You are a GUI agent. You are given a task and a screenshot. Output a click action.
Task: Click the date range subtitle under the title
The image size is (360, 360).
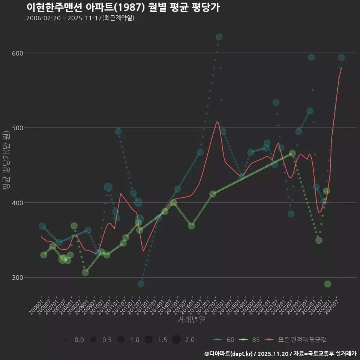click(x=80, y=18)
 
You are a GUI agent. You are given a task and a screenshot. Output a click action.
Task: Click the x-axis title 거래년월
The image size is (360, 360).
click(x=191, y=320)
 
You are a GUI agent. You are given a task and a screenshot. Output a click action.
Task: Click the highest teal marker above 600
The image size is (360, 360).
click(x=219, y=37)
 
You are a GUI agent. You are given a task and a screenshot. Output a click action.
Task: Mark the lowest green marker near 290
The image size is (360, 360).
click(x=327, y=284)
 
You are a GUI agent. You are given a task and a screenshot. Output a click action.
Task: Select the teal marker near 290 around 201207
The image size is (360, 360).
click(x=141, y=283)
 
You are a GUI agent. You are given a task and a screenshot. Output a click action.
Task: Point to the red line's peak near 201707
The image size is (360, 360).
click(x=217, y=121)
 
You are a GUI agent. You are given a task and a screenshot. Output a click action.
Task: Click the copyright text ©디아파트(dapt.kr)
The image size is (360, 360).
click(x=229, y=354)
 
